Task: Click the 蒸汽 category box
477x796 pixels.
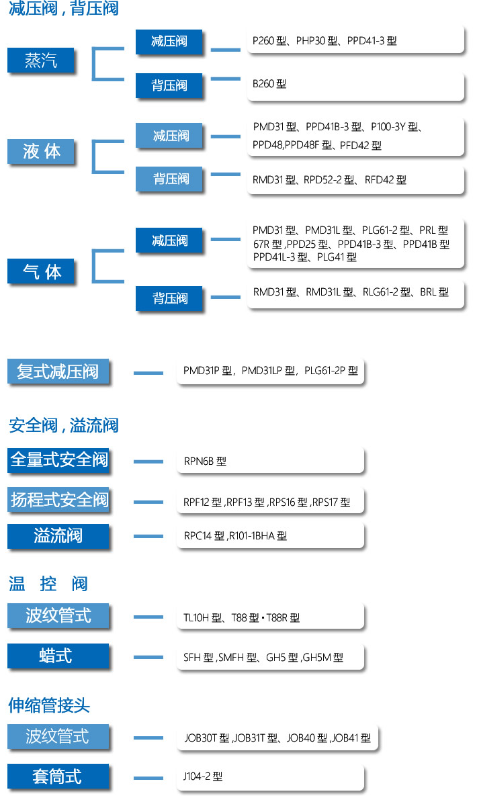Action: tap(40, 60)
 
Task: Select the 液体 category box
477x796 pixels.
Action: tap(40, 151)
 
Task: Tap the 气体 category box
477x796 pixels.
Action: tap(40, 271)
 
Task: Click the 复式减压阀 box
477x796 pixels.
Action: tap(58, 371)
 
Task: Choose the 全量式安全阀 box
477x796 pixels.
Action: tap(58, 460)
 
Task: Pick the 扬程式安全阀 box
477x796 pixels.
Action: tap(58, 500)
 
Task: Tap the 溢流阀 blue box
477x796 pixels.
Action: tap(58, 536)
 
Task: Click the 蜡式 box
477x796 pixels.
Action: tap(58, 656)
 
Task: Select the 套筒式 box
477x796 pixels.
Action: tap(58, 777)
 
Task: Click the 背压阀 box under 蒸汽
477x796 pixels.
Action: tap(169, 85)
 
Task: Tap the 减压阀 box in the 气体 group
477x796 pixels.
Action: tap(169, 240)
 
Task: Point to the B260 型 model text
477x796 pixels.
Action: tap(269, 84)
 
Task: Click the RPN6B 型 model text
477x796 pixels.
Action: tap(205, 461)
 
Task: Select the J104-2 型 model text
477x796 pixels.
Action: tap(203, 777)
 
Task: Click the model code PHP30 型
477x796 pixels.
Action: tap(316, 40)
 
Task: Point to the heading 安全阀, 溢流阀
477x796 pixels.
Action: tap(64, 425)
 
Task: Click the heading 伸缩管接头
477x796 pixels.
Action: tap(49, 705)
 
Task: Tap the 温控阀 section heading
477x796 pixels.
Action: tap(48, 584)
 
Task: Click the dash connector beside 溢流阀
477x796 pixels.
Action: tap(148, 536)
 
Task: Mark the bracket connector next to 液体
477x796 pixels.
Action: tap(93, 157)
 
